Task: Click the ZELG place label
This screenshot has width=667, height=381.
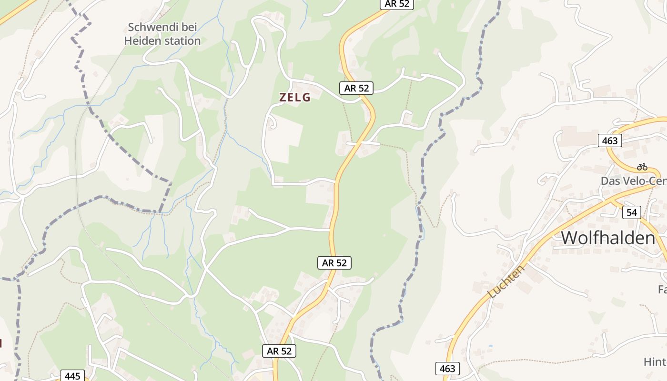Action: point(295,98)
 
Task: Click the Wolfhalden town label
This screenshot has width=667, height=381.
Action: point(608,238)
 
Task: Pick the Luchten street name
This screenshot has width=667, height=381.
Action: point(506,282)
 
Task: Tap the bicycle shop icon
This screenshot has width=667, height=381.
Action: point(642,167)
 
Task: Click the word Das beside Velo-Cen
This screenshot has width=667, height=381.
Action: point(611,181)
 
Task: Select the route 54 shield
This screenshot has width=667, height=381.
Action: point(632,212)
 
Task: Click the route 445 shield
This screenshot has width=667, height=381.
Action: point(72,376)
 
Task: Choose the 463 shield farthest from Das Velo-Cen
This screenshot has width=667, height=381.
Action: point(447,368)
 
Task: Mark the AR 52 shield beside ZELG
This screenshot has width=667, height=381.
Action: point(356,88)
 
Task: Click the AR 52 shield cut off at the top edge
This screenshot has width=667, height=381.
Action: point(397,4)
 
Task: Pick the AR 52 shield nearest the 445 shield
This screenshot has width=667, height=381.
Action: point(279,351)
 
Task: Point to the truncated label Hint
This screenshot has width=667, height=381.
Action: point(655,362)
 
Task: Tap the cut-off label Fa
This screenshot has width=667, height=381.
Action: point(662,289)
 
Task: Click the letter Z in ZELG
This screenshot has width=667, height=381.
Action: point(283,98)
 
